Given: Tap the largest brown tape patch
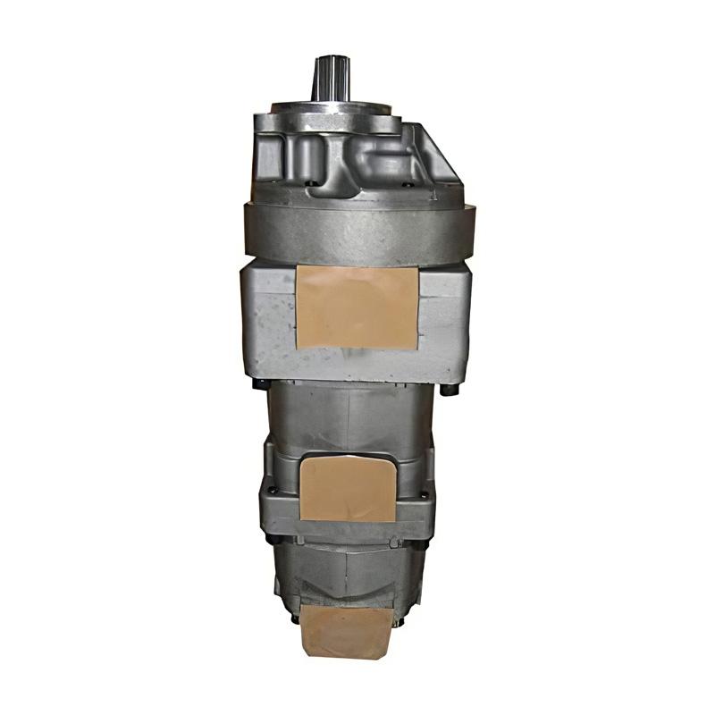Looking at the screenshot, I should coord(356,306).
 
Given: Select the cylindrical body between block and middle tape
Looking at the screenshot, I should coord(353,416).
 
